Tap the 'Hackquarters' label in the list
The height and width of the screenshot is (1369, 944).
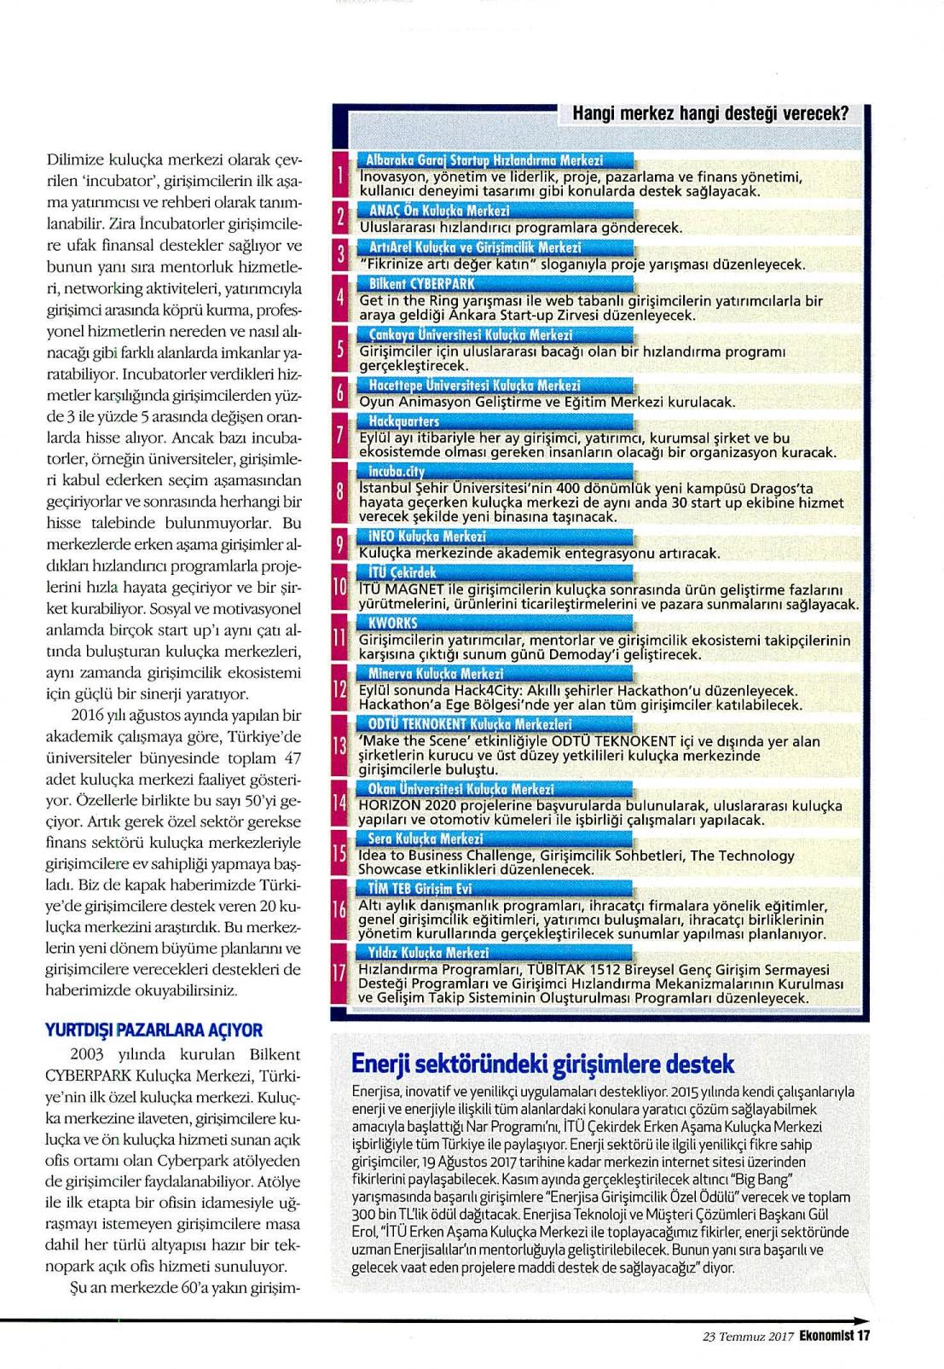point(404,421)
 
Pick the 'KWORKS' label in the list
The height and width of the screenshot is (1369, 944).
point(392,623)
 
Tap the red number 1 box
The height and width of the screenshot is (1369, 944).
point(340,177)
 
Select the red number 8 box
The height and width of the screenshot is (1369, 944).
point(340,492)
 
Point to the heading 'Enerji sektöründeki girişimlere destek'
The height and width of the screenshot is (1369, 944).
point(543,1064)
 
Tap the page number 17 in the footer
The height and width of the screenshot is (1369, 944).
point(863,1337)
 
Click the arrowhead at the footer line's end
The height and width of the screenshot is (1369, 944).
point(866,1320)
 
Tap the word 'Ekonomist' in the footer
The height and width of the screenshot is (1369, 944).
point(827,1337)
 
